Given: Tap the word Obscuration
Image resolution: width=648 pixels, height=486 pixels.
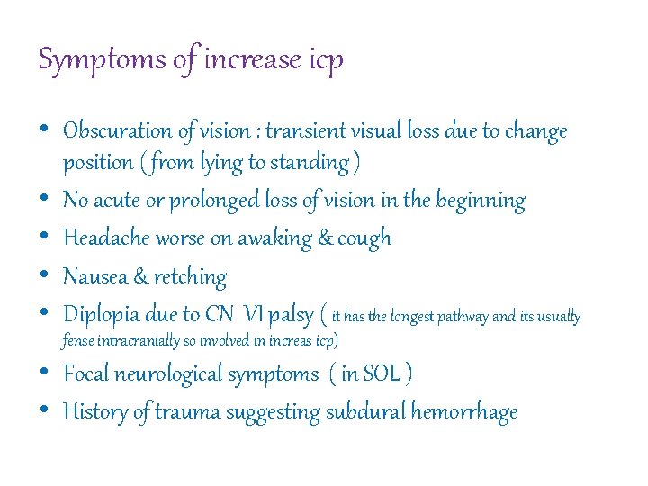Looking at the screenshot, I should click(119, 131).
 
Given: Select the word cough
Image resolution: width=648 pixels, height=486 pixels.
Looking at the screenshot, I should click(364, 238).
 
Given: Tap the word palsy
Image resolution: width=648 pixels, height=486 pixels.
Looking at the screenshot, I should click(290, 315).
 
